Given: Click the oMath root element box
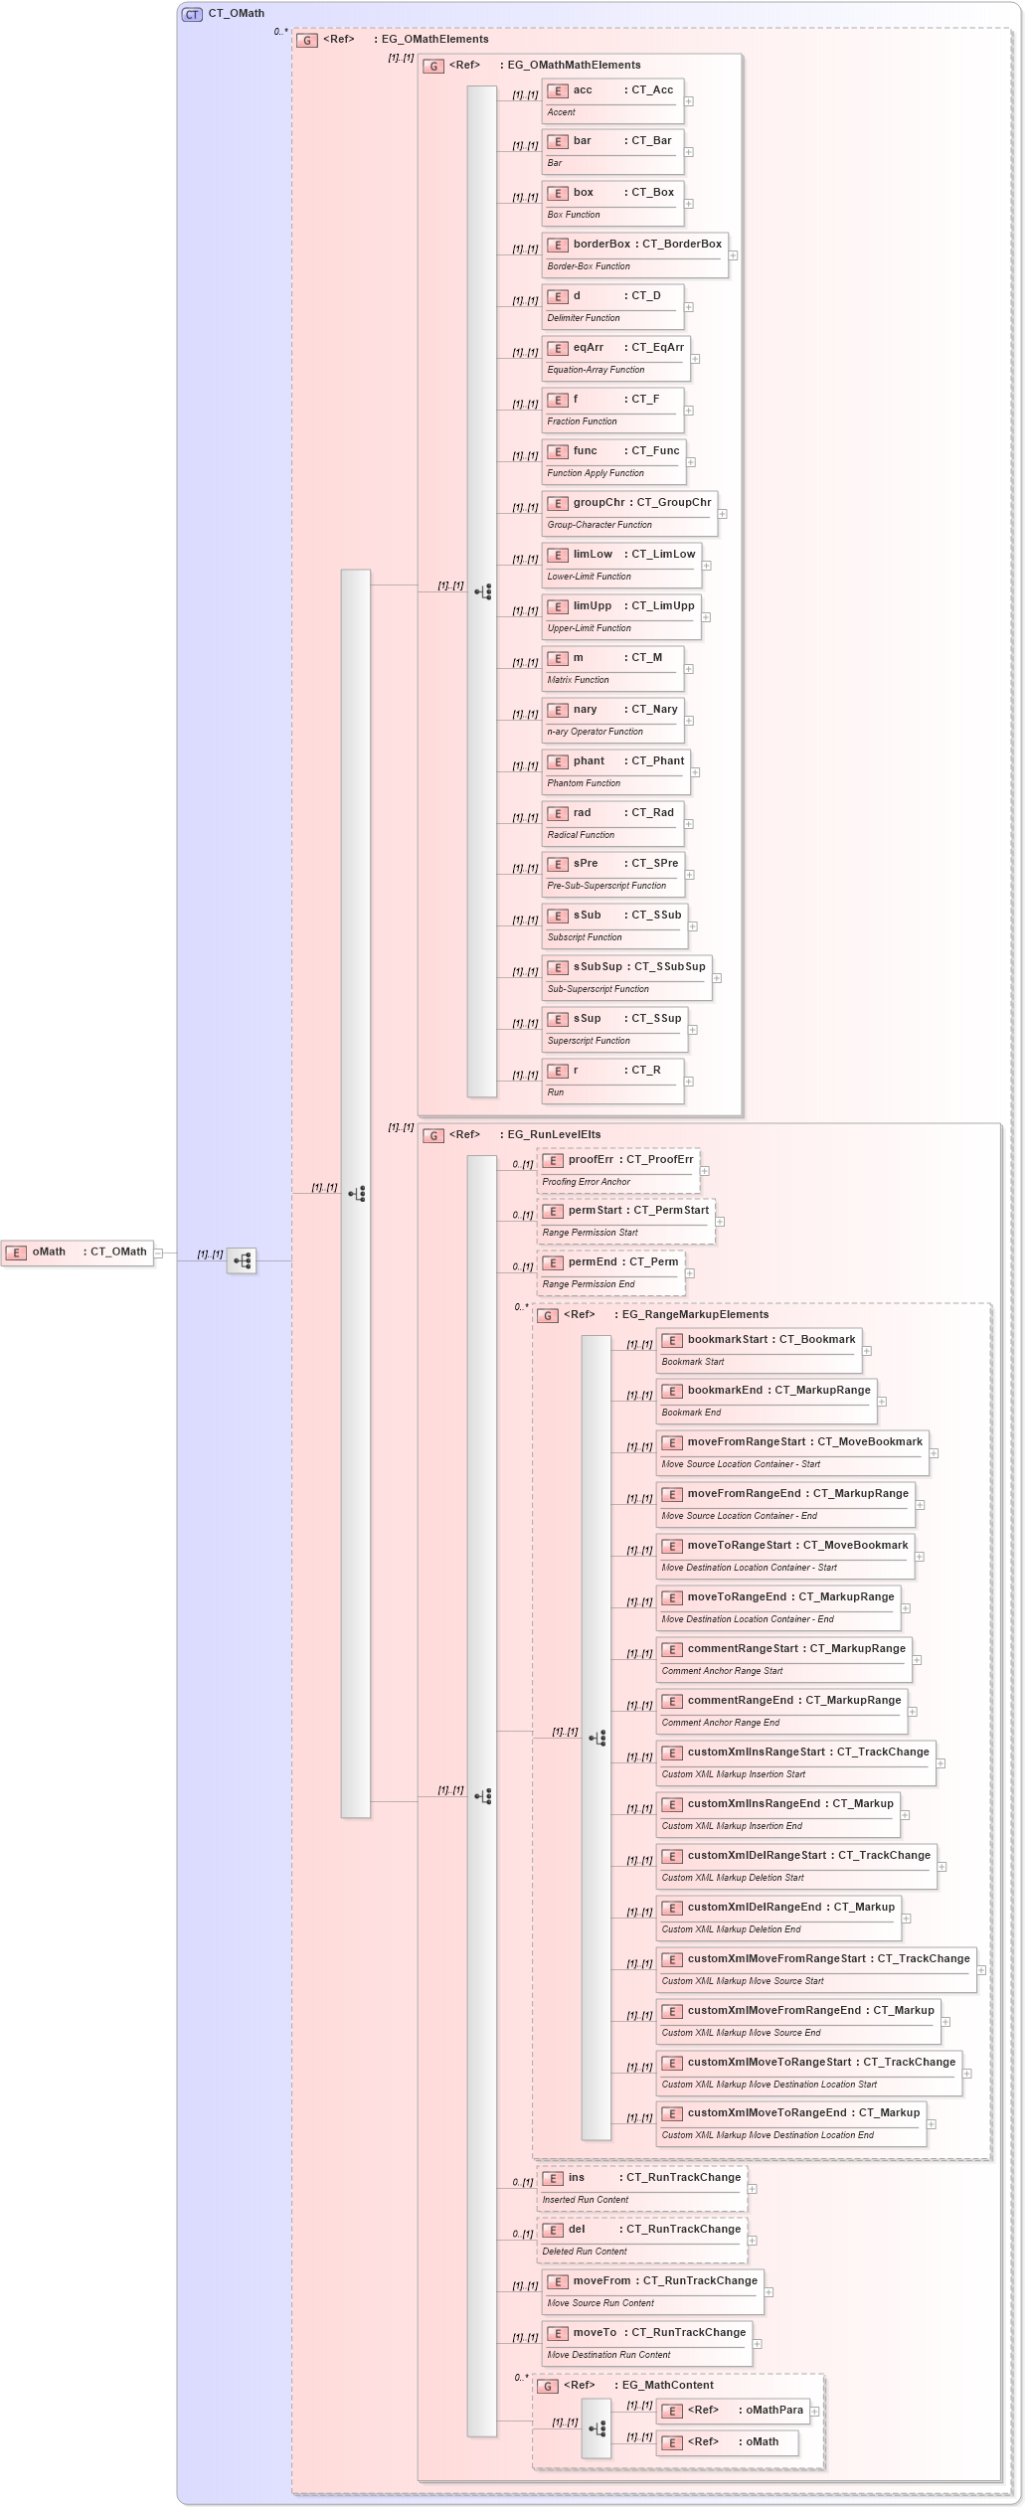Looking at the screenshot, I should coord(78,1253).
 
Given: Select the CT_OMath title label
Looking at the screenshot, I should coord(236,14).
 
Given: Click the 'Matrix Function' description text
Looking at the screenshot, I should coord(578,680).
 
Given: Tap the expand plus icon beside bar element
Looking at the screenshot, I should coord(688,152).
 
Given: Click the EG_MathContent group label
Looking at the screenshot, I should coord(667,2386).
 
